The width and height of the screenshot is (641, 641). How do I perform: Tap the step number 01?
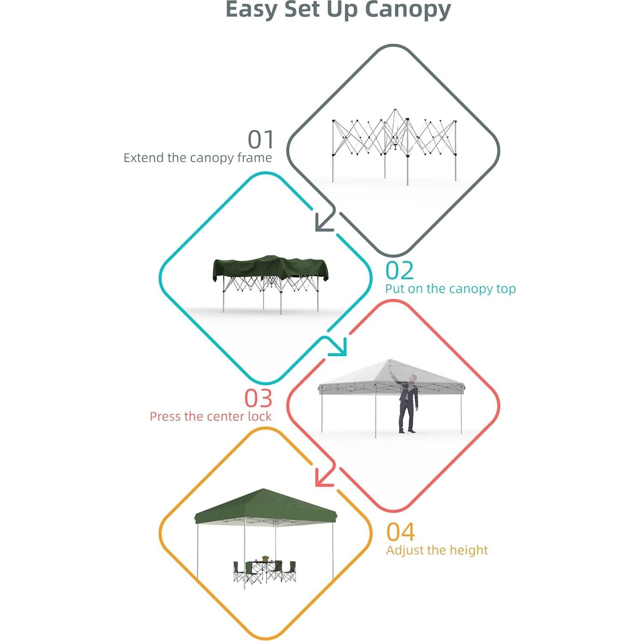(x=261, y=139)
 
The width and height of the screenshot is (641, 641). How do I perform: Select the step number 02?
(x=400, y=270)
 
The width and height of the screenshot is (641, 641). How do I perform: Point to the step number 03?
(x=258, y=398)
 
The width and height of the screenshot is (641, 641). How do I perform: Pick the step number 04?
(x=401, y=532)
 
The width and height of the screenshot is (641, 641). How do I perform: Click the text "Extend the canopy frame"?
(x=198, y=158)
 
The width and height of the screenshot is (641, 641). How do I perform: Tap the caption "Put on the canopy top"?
(x=450, y=289)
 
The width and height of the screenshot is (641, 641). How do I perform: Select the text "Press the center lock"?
(x=211, y=416)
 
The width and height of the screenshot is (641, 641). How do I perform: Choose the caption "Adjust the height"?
(x=437, y=550)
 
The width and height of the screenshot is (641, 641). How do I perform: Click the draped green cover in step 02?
(x=270, y=268)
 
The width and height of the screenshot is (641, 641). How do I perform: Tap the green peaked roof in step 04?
(x=265, y=505)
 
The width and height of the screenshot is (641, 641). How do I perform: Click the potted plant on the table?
(x=265, y=558)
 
